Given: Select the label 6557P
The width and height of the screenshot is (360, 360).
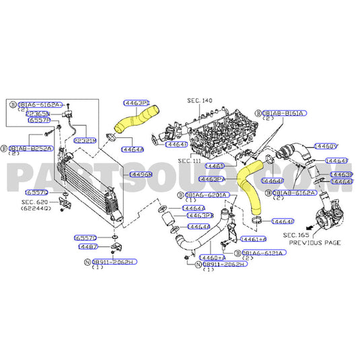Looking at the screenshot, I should [x=38, y=120].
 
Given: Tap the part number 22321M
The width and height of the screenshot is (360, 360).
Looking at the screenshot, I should [x=85, y=140].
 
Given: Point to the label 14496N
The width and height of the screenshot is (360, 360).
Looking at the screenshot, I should [x=141, y=174].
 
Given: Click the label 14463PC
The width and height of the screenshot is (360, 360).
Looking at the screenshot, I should [x=137, y=103].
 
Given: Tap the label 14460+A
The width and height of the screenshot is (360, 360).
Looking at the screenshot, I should [x=213, y=257].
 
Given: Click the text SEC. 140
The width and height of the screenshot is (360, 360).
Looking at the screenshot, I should [x=199, y=100].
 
